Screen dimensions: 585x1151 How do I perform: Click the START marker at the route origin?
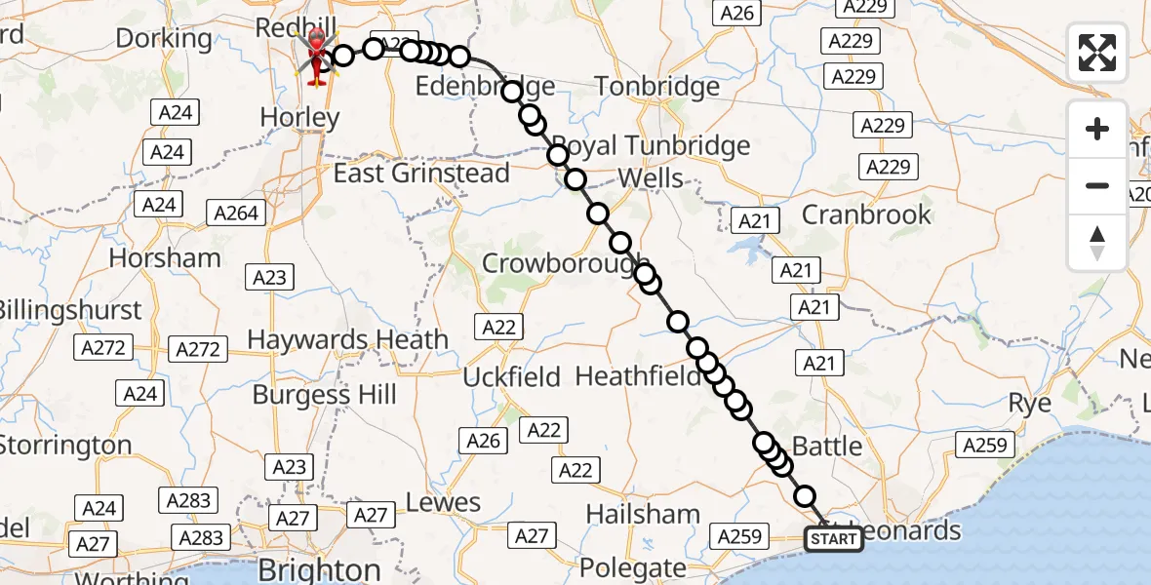click(833, 539)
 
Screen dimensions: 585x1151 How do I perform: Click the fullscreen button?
click(1097, 53)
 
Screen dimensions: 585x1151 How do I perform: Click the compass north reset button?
click(1097, 243)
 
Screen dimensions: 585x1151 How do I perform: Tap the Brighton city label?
click(319, 569)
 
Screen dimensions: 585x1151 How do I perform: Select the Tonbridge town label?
click(657, 87)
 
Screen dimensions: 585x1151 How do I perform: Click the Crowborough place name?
click(564, 263)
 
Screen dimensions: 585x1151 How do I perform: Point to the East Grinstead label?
click(421, 174)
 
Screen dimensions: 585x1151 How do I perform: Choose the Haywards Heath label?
click(347, 340)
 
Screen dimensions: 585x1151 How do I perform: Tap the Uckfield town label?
click(512, 377)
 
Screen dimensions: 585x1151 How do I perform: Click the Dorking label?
click(164, 39)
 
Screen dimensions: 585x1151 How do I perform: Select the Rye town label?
click(1029, 403)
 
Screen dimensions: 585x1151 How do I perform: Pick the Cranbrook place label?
click(866, 214)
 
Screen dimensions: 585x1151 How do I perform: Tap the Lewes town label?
click(445, 503)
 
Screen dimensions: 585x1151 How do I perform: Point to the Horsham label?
click(165, 258)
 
